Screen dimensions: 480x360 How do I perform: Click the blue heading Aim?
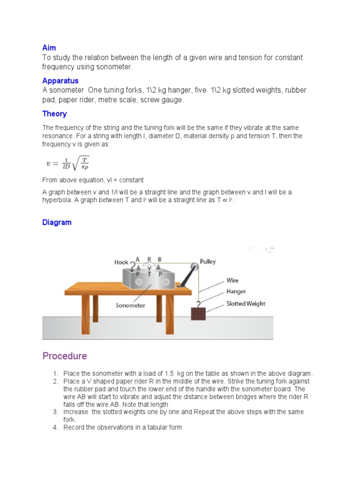point(49,48)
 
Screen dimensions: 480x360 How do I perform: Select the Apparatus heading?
point(60,81)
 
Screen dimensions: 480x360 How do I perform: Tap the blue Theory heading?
point(54,113)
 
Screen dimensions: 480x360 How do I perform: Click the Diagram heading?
point(57,222)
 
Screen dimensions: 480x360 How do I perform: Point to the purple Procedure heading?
point(65,356)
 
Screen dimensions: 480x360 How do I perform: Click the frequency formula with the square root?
point(67,164)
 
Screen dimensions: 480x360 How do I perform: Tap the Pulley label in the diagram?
point(208,262)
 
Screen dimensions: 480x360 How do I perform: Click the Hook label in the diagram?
point(121,262)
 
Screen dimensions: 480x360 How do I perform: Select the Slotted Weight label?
point(246,303)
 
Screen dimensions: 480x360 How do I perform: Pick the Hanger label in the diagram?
point(236,291)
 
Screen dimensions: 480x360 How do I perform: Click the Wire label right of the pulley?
point(232,280)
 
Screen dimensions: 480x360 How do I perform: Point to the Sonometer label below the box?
point(131,305)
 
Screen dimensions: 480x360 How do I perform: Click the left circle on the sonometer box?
point(139,282)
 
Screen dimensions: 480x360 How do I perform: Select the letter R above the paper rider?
point(149,259)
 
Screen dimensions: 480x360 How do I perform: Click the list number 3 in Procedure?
point(55,412)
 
